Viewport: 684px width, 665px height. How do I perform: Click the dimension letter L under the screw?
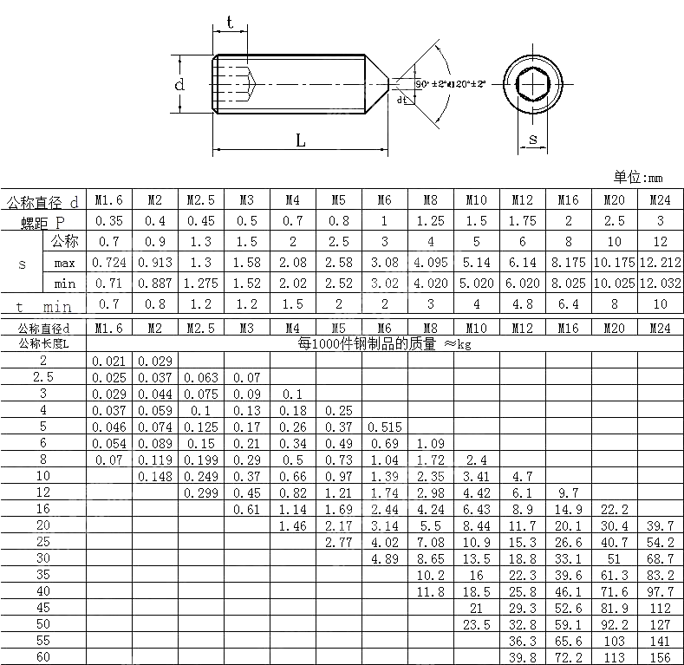point(301,140)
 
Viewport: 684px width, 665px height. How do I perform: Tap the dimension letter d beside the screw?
point(179,85)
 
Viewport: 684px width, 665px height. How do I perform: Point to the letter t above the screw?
point(229,21)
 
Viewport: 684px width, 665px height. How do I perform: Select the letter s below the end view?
point(532,139)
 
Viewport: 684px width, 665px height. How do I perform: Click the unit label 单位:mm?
point(638,177)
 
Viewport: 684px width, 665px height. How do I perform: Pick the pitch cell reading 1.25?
point(429,221)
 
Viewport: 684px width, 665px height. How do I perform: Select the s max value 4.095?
point(429,262)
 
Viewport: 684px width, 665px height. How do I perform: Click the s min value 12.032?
point(660,283)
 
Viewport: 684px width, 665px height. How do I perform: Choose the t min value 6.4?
point(569,304)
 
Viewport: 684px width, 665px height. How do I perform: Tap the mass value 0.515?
point(384,427)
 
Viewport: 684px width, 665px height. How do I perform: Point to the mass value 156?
point(660,657)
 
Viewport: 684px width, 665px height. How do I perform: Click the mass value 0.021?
point(108,361)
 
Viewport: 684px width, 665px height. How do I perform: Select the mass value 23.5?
point(476,624)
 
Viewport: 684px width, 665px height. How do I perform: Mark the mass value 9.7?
point(569,492)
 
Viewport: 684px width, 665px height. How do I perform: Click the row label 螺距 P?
point(43,222)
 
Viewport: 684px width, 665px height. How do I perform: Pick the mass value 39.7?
point(660,525)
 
